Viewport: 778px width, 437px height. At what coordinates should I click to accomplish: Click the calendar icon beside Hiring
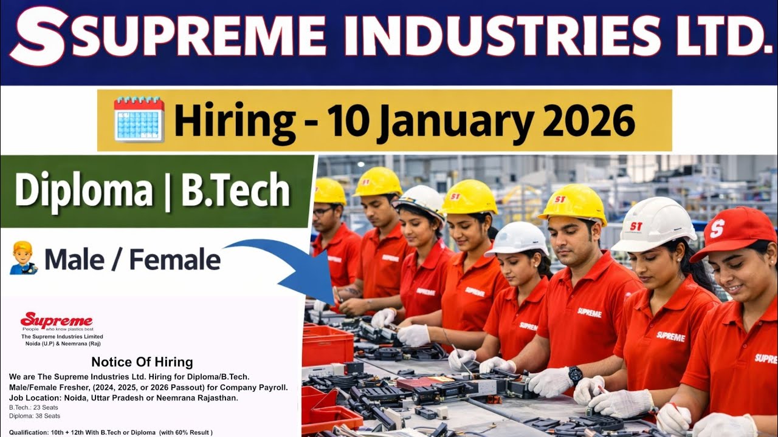[x=139, y=119]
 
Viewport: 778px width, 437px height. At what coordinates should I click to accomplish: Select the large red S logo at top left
[x=38, y=36]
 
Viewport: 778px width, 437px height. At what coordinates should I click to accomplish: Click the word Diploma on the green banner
[x=83, y=191]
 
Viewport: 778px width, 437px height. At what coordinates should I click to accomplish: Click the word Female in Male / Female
[x=175, y=260]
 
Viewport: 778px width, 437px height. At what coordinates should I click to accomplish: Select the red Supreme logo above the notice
[x=56, y=320]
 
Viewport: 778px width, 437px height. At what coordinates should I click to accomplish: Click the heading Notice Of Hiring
[x=142, y=362]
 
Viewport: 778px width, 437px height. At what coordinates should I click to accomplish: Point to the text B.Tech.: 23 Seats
[x=34, y=407]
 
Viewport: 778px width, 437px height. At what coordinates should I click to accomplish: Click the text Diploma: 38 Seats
[x=35, y=416]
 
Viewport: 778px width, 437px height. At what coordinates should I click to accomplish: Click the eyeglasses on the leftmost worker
[x=323, y=211]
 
